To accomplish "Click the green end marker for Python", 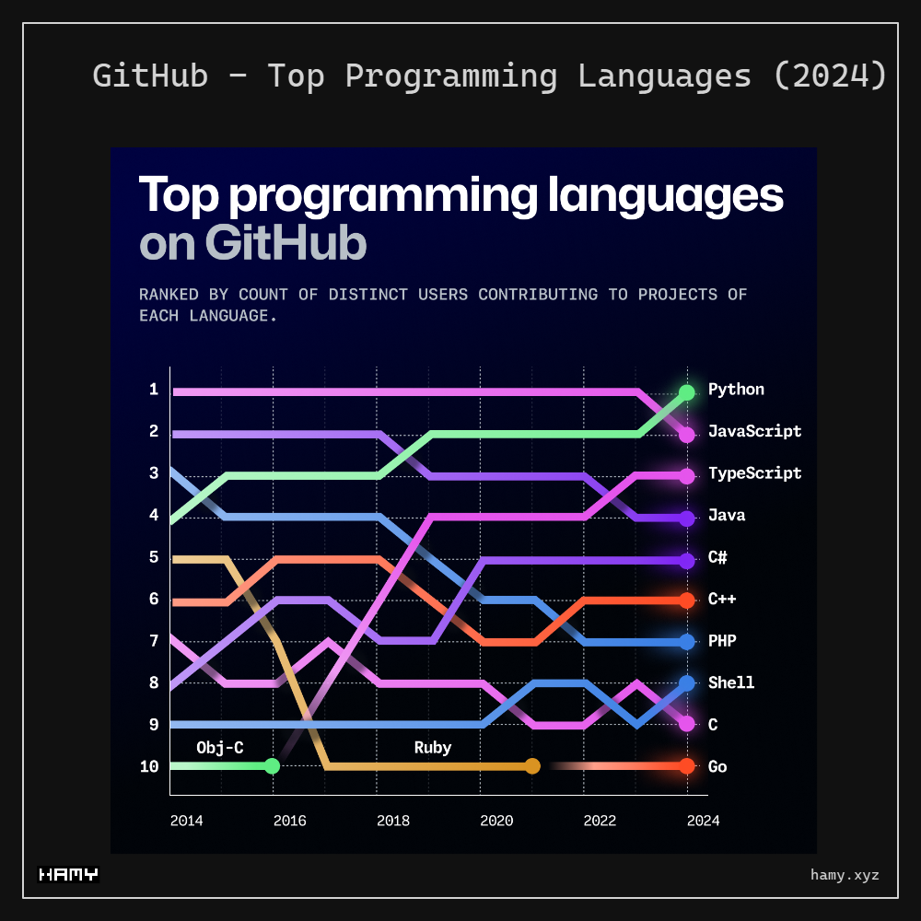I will point(686,392).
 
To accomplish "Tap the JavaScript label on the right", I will point(754,431).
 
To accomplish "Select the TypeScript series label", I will point(754,473).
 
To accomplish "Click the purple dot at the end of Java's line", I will point(686,519).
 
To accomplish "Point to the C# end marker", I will point(686,560).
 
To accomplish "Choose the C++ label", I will point(722,600).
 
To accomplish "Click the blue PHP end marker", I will point(686,642).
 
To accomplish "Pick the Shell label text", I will point(731,682).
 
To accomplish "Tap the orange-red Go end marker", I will point(686,766).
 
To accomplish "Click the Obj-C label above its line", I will point(220,748).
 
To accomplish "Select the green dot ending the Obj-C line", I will point(272,766).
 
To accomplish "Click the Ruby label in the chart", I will point(433,748).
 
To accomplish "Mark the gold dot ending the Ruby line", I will point(532,766).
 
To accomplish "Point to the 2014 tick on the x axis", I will point(187,821).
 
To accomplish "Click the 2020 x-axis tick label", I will point(496,821).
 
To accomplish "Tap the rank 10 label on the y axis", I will point(149,766).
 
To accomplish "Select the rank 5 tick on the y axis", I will point(154,557).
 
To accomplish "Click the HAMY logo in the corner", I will point(68,875).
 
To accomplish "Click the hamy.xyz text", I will point(845,875).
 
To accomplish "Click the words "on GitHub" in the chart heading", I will point(253,243).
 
